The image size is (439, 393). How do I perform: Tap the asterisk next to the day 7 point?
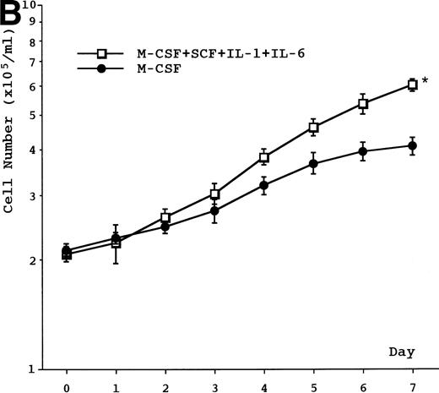click(425, 81)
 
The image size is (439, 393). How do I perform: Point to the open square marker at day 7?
click(412, 85)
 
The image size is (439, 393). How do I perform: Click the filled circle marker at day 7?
click(412, 145)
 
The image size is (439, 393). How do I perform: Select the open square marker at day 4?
click(264, 157)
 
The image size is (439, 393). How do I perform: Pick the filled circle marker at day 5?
click(313, 164)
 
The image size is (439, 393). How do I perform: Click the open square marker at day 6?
click(363, 103)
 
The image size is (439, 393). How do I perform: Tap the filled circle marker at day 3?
click(214, 210)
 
